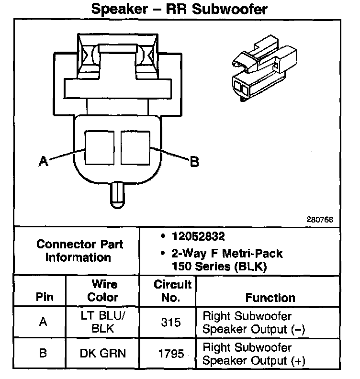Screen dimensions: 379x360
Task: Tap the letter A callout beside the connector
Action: click(x=44, y=162)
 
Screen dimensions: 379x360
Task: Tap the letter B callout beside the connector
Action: click(x=194, y=162)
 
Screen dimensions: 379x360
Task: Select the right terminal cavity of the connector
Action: click(x=135, y=148)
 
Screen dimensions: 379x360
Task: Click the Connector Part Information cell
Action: click(x=79, y=250)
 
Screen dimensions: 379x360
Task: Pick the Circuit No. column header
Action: click(x=172, y=291)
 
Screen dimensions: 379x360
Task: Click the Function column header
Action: click(x=270, y=298)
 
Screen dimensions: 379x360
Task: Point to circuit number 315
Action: click(x=171, y=323)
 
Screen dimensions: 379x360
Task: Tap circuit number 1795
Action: click(x=171, y=354)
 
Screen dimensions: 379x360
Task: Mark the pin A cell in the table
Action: click(x=43, y=322)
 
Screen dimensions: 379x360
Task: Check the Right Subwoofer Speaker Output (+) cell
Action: click(x=254, y=354)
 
